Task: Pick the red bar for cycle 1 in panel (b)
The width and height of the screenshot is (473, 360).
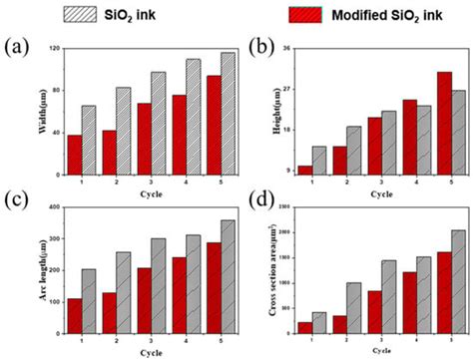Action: pyautogui.click(x=305, y=171)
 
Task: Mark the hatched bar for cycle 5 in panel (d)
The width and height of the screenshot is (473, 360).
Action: pyautogui.click(x=430, y=283)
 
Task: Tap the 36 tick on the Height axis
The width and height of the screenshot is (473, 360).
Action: pyautogui.click(x=286, y=49)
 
